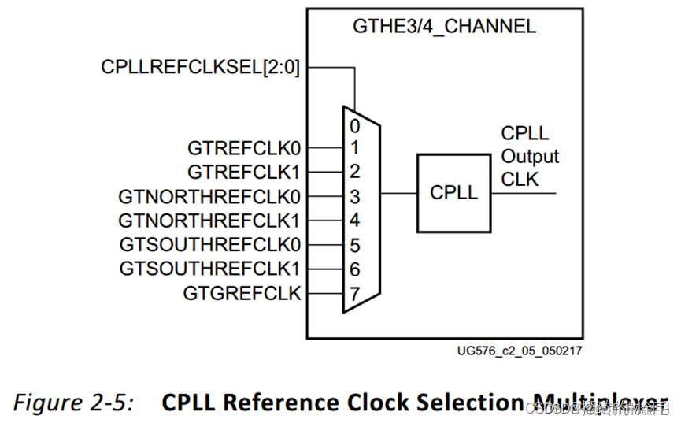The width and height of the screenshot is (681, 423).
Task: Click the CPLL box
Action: pos(453,193)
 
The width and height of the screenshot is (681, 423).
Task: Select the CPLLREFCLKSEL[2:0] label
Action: pos(201,67)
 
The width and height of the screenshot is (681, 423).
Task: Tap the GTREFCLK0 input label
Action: pos(244,147)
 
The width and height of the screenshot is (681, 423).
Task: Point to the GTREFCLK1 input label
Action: pos(244,171)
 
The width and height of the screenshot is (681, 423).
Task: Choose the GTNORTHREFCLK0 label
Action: pos(209,195)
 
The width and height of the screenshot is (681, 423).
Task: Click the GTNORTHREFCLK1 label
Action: pos(209,220)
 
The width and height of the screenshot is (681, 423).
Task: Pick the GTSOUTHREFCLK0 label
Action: pos(210,244)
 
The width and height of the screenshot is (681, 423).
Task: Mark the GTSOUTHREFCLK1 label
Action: pos(210,269)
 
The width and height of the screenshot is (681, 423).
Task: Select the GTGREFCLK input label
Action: pos(242,293)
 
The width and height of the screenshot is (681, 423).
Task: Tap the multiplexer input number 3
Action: pos(355,196)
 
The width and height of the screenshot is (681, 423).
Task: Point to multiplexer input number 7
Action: pos(355,294)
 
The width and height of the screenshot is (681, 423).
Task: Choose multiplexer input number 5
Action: pos(355,245)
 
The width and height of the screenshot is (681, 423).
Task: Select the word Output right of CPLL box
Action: pos(530,156)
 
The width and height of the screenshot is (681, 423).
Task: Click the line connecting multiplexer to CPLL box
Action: pos(398,193)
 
